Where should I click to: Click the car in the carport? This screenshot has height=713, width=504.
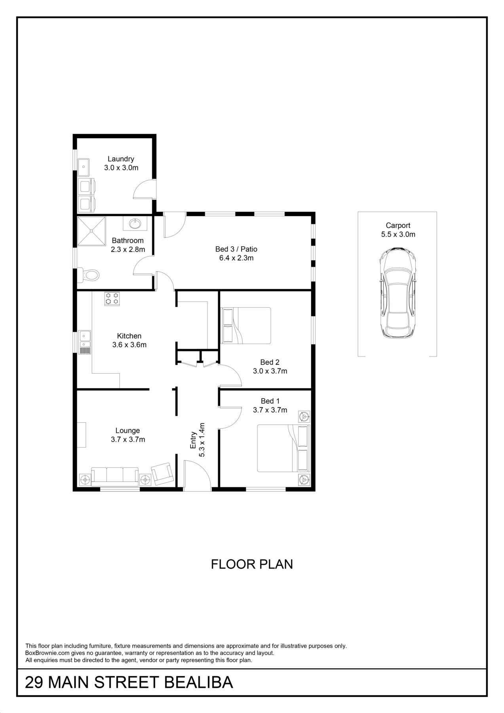398,293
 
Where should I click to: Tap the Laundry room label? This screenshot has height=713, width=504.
121,159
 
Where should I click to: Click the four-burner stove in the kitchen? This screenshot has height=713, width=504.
112,298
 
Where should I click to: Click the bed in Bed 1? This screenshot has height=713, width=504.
283,448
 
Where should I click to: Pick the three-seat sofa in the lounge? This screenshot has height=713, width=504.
115,476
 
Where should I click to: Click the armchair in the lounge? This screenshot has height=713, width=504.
163,474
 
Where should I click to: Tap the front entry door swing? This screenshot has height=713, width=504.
198,475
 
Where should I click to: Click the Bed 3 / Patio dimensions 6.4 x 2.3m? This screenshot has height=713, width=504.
236,258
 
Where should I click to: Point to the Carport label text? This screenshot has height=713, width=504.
398,225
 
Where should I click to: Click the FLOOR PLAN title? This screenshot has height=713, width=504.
252,564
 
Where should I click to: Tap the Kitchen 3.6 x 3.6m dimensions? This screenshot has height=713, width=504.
129,345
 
